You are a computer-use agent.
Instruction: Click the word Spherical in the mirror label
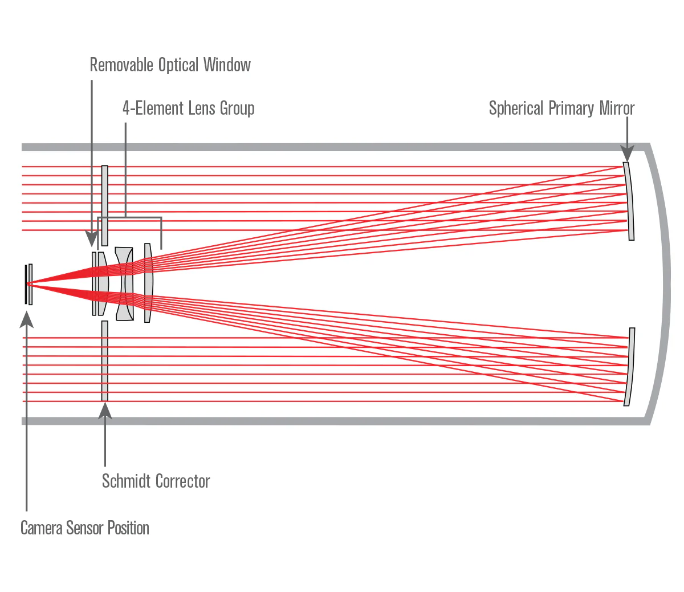coord(516,108)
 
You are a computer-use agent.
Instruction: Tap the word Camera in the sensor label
coord(41,528)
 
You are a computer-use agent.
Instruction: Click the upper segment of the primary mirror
coord(629,201)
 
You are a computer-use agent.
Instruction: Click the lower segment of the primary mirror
coord(629,367)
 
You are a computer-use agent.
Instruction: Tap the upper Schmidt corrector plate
coord(104,205)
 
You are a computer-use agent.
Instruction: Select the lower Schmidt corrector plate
coord(104,361)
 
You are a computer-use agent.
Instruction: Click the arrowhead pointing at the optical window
coord(91,239)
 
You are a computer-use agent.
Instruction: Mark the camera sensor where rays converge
coord(28,283)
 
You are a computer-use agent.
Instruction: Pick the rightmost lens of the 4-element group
coord(148,283)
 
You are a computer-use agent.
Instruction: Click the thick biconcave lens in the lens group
coord(125,283)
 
